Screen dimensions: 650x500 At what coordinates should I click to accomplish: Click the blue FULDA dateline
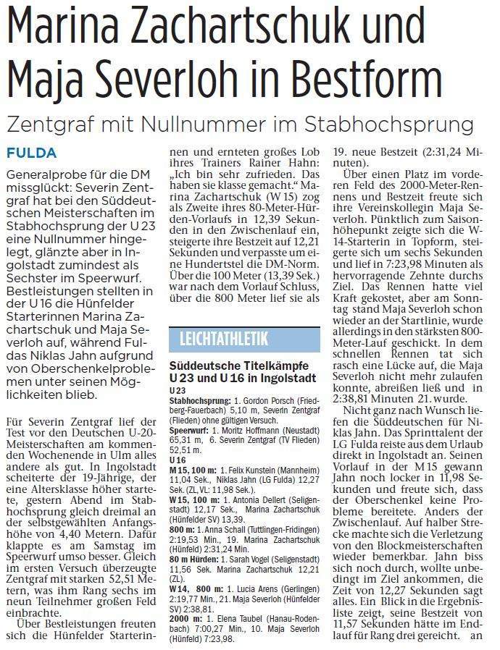[31, 153]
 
